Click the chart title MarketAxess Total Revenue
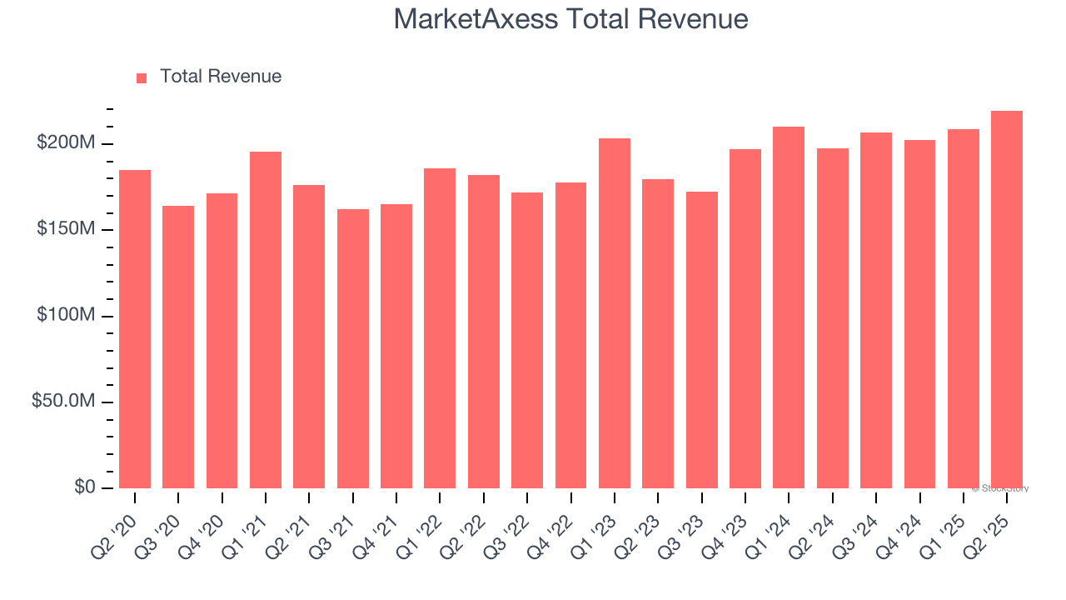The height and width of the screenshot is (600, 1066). pyautogui.click(x=570, y=19)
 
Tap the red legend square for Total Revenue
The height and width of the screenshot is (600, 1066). pyautogui.click(x=142, y=77)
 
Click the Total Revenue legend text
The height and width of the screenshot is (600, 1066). pyautogui.click(x=220, y=77)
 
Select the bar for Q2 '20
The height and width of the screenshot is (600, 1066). pyautogui.click(x=135, y=329)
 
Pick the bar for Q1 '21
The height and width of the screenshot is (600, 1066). pyautogui.click(x=266, y=320)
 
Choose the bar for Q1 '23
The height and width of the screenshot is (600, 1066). pyautogui.click(x=615, y=313)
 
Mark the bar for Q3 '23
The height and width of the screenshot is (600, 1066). pyautogui.click(x=702, y=340)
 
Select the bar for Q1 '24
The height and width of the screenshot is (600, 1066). pyautogui.click(x=789, y=307)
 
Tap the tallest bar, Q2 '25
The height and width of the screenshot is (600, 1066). pyautogui.click(x=1007, y=300)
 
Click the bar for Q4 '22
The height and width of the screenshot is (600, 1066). pyautogui.click(x=571, y=335)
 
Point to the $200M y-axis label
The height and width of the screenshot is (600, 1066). pyautogui.click(x=66, y=143)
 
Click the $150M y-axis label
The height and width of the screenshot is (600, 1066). pyautogui.click(x=66, y=229)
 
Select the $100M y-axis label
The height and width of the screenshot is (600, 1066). pyautogui.click(x=66, y=315)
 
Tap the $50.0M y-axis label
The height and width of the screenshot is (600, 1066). pyautogui.click(x=63, y=402)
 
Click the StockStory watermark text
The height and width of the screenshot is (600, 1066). pyautogui.click(x=1002, y=488)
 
